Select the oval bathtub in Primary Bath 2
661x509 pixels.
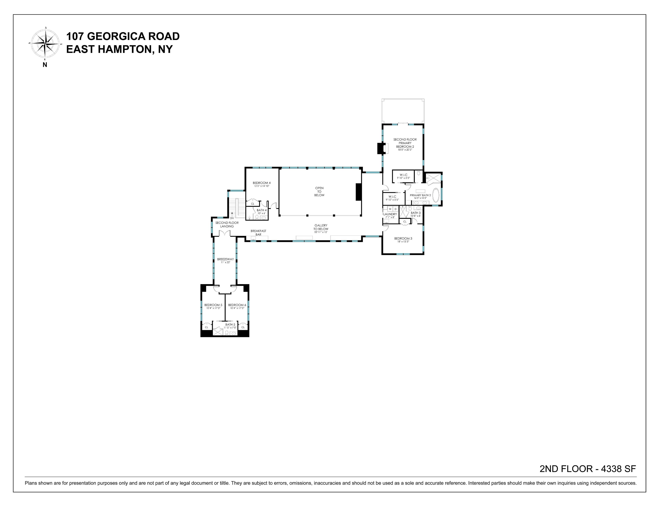pos(436,195)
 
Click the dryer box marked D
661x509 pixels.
pos(395,209)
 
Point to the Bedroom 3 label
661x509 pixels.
pos(403,238)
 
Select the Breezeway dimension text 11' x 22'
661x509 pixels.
pos(225,262)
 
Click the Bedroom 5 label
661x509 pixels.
pos(213,305)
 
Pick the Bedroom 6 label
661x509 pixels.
pos(237,305)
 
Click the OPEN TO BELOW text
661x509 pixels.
pos(319,192)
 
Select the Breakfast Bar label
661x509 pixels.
pos(258,232)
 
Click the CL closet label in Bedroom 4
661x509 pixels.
pos(252,204)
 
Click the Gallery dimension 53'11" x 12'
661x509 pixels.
pos(321,232)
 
